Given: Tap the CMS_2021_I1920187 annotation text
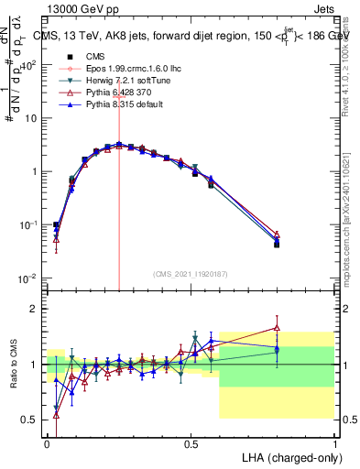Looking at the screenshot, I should tap(191, 273).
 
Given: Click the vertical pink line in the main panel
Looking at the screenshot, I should tap(119, 183).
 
